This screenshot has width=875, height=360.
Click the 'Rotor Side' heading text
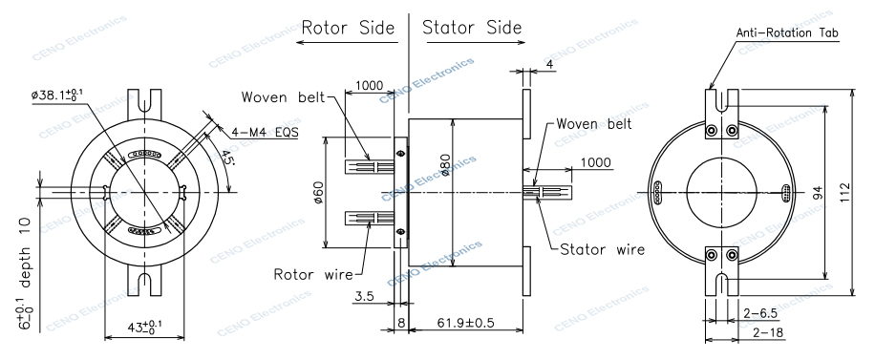(348, 28)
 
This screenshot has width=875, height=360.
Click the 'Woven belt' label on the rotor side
(284, 97)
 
